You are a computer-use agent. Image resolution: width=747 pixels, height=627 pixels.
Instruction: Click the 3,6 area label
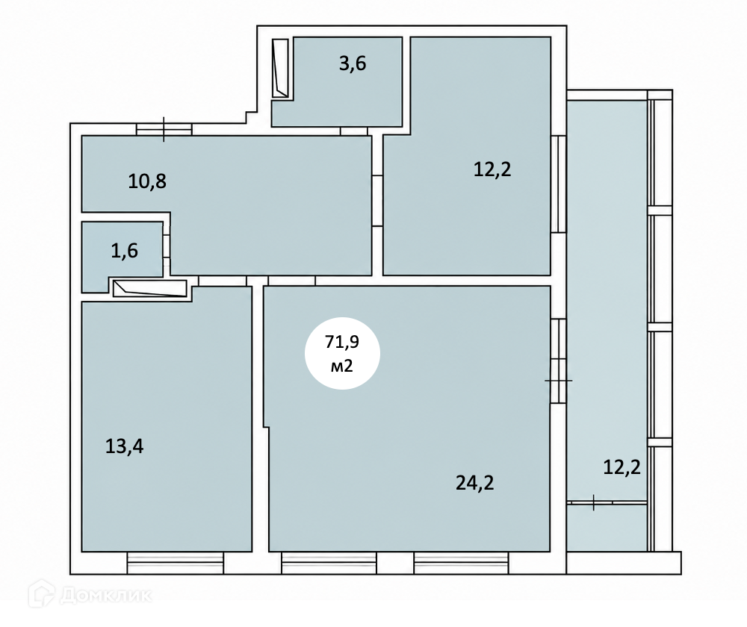click(353, 63)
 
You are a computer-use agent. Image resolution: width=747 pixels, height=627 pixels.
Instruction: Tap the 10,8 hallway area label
click(147, 181)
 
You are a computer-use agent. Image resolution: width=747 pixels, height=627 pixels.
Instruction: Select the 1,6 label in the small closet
click(124, 250)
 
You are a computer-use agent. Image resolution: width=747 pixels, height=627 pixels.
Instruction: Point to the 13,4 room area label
click(124, 446)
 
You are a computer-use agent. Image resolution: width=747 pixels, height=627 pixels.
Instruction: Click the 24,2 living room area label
click(474, 483)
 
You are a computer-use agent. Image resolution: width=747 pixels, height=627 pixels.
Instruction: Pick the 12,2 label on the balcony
click(622, 467)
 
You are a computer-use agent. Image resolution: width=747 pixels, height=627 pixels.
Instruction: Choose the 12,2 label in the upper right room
click(492, 169)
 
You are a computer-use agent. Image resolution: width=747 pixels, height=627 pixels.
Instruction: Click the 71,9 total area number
click(342, 342)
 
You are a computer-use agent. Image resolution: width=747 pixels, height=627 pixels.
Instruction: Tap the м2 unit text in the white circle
click(342, 366)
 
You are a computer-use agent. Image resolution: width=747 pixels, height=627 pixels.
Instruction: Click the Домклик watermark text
click(106, 595)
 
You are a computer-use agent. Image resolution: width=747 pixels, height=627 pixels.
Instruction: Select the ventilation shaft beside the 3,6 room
click(280, 68)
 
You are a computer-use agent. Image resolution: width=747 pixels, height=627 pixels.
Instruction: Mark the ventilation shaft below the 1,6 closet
click(149, 289)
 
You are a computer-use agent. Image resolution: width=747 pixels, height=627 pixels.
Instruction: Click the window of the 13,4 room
click(176, 564)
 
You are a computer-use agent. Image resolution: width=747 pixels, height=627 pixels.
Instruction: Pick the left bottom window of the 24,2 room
click(329, 564)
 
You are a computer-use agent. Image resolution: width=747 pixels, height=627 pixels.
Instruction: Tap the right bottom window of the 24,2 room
click(461, 564)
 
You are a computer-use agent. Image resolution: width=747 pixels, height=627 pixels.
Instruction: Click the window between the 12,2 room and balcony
click(558, 184)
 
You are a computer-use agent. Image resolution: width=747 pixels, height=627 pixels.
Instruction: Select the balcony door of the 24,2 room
click(558, 361)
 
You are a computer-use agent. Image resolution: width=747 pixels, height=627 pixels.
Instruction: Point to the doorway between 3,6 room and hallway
click(354, 131)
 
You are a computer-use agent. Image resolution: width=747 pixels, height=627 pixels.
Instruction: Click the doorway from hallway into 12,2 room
click(377, 201)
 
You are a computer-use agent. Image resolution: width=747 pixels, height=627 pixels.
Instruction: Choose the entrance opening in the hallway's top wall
click(164, 129)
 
